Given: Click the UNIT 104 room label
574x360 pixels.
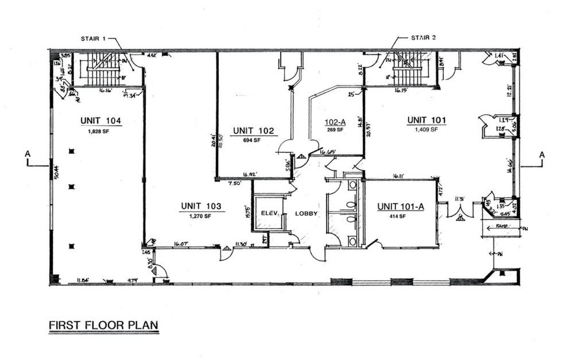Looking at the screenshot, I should click(101, 121).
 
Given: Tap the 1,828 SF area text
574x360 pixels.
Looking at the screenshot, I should click(98, 131).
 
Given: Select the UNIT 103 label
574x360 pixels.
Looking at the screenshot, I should click(201, 206).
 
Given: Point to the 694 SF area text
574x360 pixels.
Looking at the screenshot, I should click(252, 140).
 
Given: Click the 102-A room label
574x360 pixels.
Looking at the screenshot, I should click(335, 122).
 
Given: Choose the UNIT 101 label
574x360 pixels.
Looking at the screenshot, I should click(427, 120).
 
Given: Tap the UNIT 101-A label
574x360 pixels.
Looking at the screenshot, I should click(401, 207).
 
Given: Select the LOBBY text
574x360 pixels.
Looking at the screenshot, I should click(306, 213).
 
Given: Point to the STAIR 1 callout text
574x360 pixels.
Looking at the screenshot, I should click(93, 39).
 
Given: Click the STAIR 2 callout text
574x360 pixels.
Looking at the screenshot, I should click(423, 38).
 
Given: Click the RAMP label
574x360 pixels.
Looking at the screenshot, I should click(501, 226).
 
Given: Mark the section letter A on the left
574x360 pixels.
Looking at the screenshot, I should click(27, 154).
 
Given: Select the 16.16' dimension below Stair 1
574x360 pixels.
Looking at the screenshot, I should click(106, 91).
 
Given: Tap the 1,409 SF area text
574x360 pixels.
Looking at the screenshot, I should click(426, 129).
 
